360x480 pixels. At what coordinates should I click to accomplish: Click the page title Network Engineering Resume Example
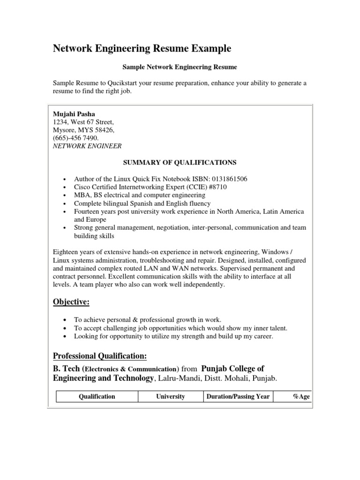coord(142,48)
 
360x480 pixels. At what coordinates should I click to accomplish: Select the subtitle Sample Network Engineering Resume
coord(180,67)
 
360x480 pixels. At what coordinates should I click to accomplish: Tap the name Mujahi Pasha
coord(74,114)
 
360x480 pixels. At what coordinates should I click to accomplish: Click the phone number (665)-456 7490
coord(75,138)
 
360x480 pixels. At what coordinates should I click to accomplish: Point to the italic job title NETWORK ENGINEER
coord(87,146)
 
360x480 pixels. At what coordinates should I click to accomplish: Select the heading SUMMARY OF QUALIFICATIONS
coord(180,163)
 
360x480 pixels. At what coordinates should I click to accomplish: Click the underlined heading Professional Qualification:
coord(100,357)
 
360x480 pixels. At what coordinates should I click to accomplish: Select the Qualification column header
coord(97,397)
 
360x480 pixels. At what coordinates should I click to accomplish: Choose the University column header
coord(171,397)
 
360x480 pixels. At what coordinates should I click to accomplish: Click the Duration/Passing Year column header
coord(238,397)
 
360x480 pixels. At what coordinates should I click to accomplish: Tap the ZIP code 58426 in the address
coord(105,130)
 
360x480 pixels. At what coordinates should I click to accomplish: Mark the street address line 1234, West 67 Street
coord(83,122)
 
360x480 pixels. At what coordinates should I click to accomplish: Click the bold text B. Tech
coord(67,368)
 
